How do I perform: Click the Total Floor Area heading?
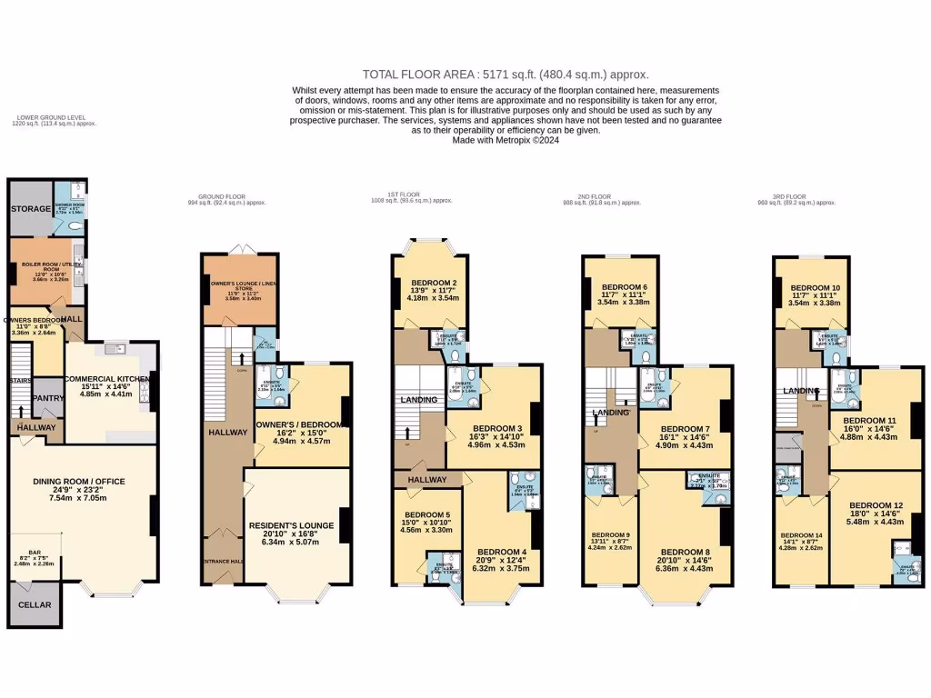click(506, 75)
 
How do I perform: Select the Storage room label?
click(31, 209)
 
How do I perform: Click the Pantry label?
click(46, 398)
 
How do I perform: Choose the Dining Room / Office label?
click(79, 481)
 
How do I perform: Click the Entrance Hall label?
click(221, 563)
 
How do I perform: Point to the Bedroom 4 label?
click(502, 552)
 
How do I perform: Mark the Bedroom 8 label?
click(686, 552)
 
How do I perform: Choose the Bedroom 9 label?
click(609, 534)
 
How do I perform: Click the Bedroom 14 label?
click(801, 535)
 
